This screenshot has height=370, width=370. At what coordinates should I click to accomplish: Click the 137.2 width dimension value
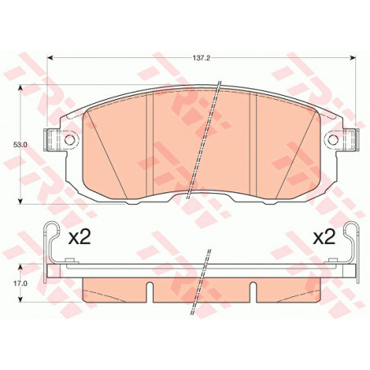click(x=201, y=58)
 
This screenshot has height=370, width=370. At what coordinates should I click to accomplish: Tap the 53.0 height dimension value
click(x=20, y=145)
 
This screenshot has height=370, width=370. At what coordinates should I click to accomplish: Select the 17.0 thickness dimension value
click(x=20, y=283)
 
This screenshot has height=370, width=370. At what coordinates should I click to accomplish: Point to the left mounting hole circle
click(x=70, y=140)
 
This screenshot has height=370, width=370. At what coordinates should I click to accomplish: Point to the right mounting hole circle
click(x=332, y=140)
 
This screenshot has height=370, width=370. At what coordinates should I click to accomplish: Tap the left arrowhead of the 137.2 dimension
click(x=51, y=58)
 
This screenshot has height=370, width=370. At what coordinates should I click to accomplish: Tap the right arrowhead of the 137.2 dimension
click(x=353, y=58)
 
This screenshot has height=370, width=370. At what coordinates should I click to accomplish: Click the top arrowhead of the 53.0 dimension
click(x=20, y=88)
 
